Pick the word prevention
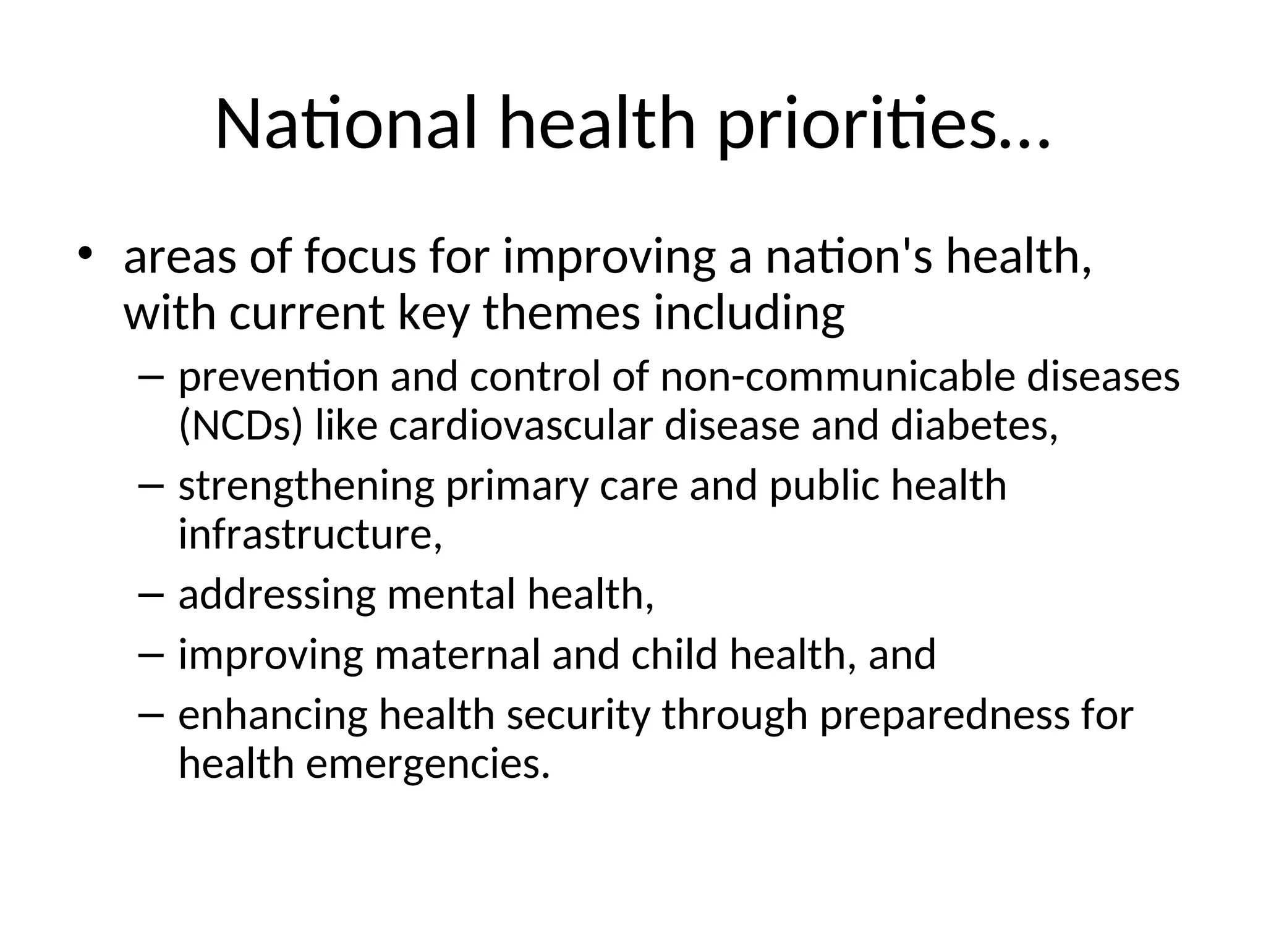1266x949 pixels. click(x=278, y=377)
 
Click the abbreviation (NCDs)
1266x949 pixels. click(x=240, y=426)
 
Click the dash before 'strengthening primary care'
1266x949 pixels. click(x=151, y=486)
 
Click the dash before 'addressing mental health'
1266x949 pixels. click(x=151, y=594)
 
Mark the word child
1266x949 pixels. click(x=674, y=655)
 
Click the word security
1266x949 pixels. click(x=579, y=715)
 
